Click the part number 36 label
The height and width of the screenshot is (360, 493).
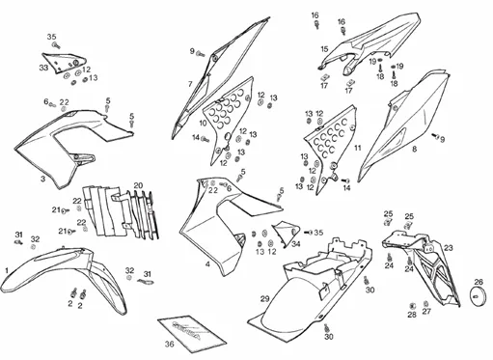pos(169,344)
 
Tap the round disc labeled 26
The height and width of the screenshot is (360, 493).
pos(479,294)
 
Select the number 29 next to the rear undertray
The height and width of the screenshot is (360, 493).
pos(264,299)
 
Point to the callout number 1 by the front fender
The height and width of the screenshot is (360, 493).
pos(7,270)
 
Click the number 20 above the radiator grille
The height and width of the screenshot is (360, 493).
pos(138,185)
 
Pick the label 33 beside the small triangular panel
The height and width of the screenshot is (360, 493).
pos(43,68)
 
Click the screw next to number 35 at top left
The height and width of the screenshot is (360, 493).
pos(57,45)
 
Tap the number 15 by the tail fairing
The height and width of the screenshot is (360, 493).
pos(324,49)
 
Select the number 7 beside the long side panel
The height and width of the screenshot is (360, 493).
pos(190,84)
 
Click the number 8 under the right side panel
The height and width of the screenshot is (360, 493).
pos(414,149)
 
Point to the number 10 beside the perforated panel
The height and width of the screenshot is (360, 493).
pos(203,123)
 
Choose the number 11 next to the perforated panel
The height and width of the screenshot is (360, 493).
pos(358,148)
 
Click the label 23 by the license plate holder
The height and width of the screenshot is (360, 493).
pos(448,248)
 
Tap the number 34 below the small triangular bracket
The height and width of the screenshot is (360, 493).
pos(296,244)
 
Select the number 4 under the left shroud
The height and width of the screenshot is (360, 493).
pos(207,264)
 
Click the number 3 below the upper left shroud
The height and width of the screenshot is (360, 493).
pos(42,179)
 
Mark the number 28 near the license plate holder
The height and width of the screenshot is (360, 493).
pos(412,315)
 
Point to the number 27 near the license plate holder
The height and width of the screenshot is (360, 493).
pos(426,311)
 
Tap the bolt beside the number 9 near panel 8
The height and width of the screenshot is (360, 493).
pos(435,136)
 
